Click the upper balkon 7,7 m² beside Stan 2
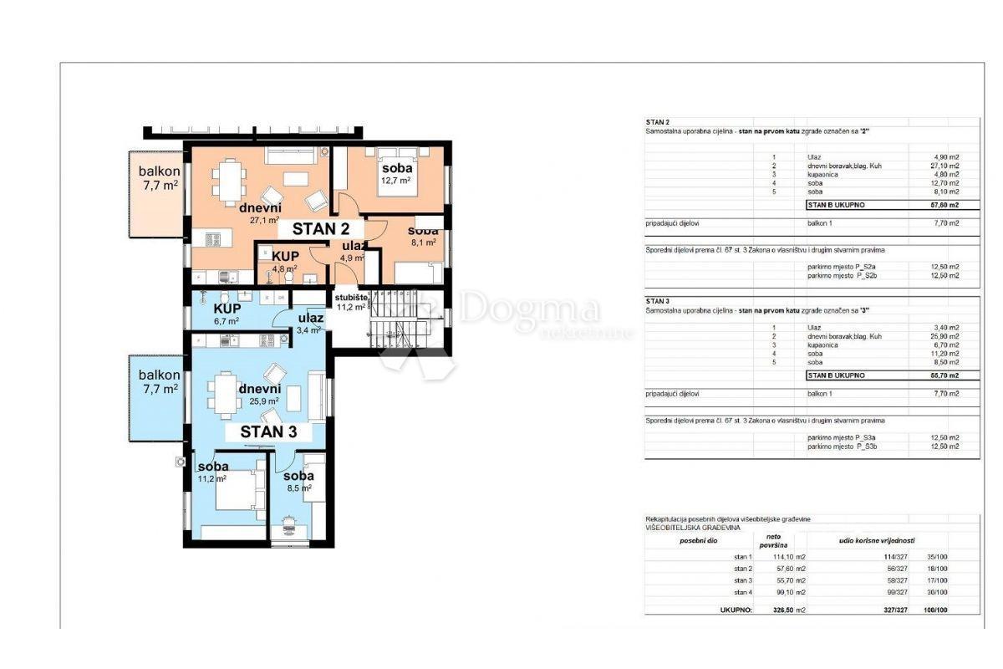[x=159, y=178]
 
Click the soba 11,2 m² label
[x=213, y=472]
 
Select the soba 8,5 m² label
[x=298, y=482]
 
